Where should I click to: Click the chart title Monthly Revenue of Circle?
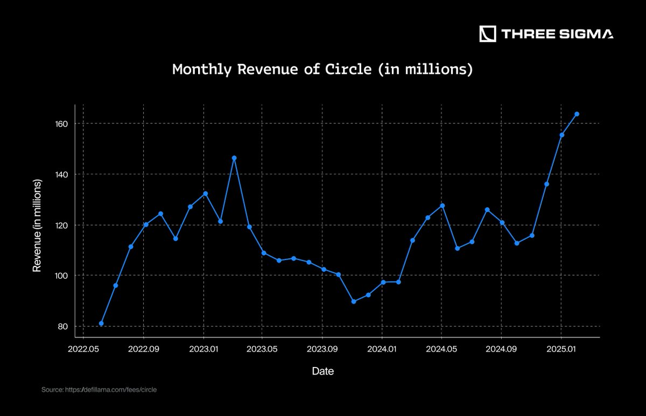pos(322,69)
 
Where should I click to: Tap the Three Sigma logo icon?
pos(488,34)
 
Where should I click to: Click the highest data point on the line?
pos(577,114)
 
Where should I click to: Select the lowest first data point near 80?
pos(101,323)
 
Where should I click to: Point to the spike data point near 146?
pos(234,158)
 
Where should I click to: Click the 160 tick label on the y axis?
pos(61,124)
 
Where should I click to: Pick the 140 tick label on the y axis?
pos(61,174)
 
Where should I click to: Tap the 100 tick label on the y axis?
pos(61,276)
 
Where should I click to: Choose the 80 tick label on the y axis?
pos(63,326)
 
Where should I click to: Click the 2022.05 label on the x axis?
pos(83,349)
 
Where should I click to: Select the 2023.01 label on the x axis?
pos(203,349)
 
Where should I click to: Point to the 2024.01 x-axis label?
pos(382,349)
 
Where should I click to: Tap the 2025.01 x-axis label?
pos(561,349)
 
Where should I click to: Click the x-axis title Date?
pos(322,371)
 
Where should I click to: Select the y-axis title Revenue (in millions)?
pos(37,225)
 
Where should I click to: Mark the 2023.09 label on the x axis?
pos(322,349)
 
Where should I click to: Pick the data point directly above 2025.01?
pos(562,135)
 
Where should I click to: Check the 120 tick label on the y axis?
pos(61,225)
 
